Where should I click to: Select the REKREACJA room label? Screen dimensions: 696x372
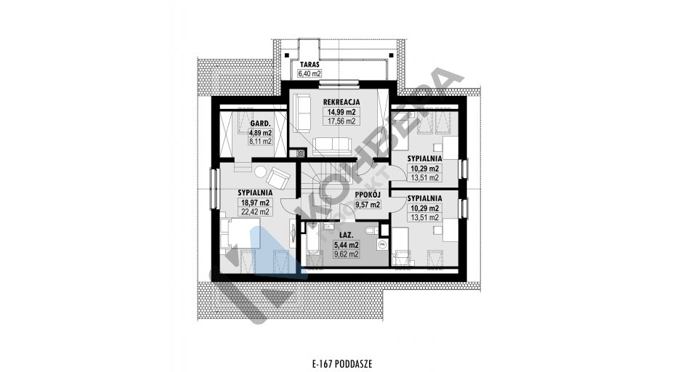[x=341, y=102]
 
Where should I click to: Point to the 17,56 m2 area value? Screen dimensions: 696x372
[x=341, y=121]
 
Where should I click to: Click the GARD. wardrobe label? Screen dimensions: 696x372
[x=259, y=123]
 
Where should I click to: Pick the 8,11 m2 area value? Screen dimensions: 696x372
[x=261, y=142]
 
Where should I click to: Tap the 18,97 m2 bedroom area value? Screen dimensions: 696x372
[x=255, y=203]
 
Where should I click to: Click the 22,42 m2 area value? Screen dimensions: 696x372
[x=255, y=211]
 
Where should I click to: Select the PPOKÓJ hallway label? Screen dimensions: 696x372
[x=368, y=195]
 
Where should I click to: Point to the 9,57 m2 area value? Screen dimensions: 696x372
[x=368, y=205]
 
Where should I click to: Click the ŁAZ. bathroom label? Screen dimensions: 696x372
[x=347, y=235]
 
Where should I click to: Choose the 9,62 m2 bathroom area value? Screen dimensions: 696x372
[x=347, y=254]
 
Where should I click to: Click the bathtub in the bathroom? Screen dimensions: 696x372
[x=315, y=245]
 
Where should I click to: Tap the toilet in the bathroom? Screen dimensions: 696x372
[x=371, y=230]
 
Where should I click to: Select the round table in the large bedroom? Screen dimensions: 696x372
[x=259, y=171]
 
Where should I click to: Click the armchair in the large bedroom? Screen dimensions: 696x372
[x=278, y=177]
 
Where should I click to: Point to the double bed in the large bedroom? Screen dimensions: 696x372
[x=240, y=233]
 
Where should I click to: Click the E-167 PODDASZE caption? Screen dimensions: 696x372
[x=341, y=364]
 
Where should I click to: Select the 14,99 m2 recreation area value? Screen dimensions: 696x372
[x=341, y=112]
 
